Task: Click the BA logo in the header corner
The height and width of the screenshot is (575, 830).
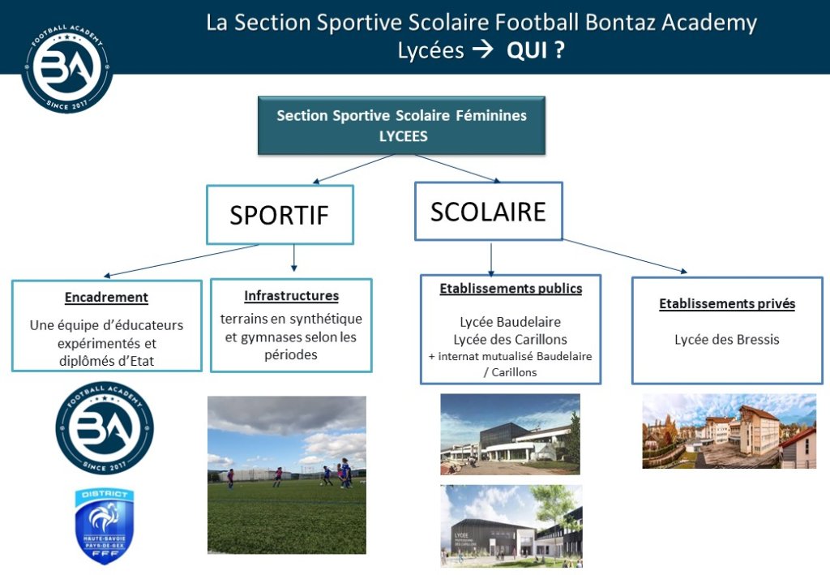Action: click(66, 67)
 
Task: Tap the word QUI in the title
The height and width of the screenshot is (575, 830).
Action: click(527, 51)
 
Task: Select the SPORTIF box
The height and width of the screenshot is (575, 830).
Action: click(280, 214)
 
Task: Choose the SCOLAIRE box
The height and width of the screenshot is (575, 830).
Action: click(488, 211)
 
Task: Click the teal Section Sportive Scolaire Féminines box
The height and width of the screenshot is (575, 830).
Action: click(401, 126)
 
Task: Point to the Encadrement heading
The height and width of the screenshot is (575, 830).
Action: click(106, 297)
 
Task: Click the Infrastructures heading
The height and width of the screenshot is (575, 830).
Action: click(291, 295)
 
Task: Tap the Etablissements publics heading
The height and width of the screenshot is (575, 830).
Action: click(511, 288)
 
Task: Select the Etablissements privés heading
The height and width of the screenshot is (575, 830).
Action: click(727, 303)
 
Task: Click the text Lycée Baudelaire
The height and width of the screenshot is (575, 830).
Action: click(511, 322)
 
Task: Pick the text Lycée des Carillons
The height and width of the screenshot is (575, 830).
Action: click(511, 339)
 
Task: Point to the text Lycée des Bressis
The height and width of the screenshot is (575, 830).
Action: click(727, 339)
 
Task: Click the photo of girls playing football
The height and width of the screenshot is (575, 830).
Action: click(286, 475)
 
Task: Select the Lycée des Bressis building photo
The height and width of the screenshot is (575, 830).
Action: click(729, 431)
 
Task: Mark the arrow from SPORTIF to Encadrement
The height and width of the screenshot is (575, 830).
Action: click(182, 260)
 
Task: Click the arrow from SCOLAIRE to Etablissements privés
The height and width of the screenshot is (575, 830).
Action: click(625, 255)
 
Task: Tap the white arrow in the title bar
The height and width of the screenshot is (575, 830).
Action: click(483, 49)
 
